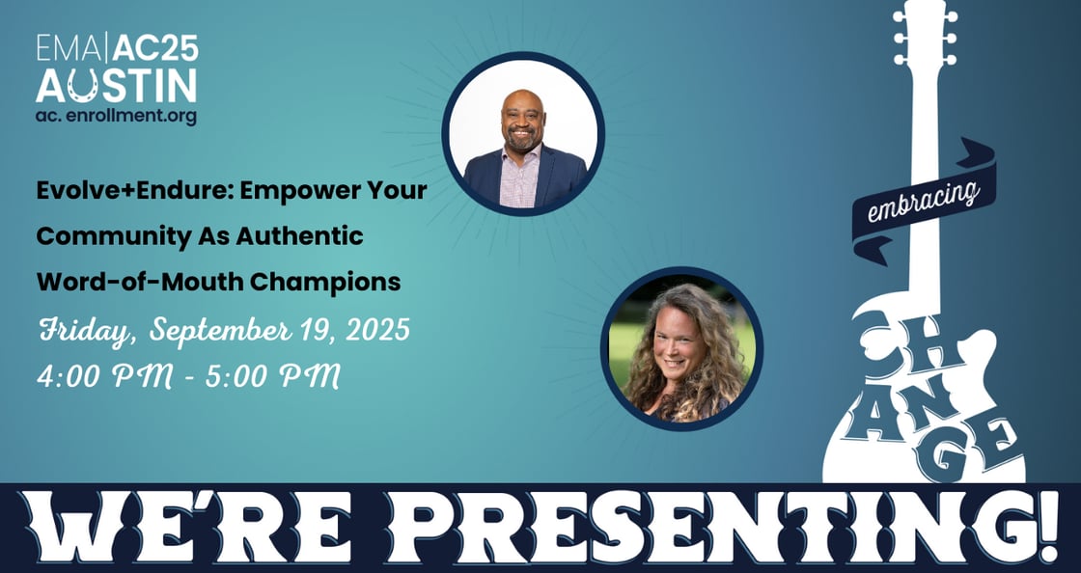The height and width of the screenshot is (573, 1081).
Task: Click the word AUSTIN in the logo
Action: [117, 86]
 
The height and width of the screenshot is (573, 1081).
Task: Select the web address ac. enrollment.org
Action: [116, 115]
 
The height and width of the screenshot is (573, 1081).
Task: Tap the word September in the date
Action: [220, 331]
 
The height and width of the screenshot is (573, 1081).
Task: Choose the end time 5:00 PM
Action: [273, 377]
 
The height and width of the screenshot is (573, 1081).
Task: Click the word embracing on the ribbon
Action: [924, 202]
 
